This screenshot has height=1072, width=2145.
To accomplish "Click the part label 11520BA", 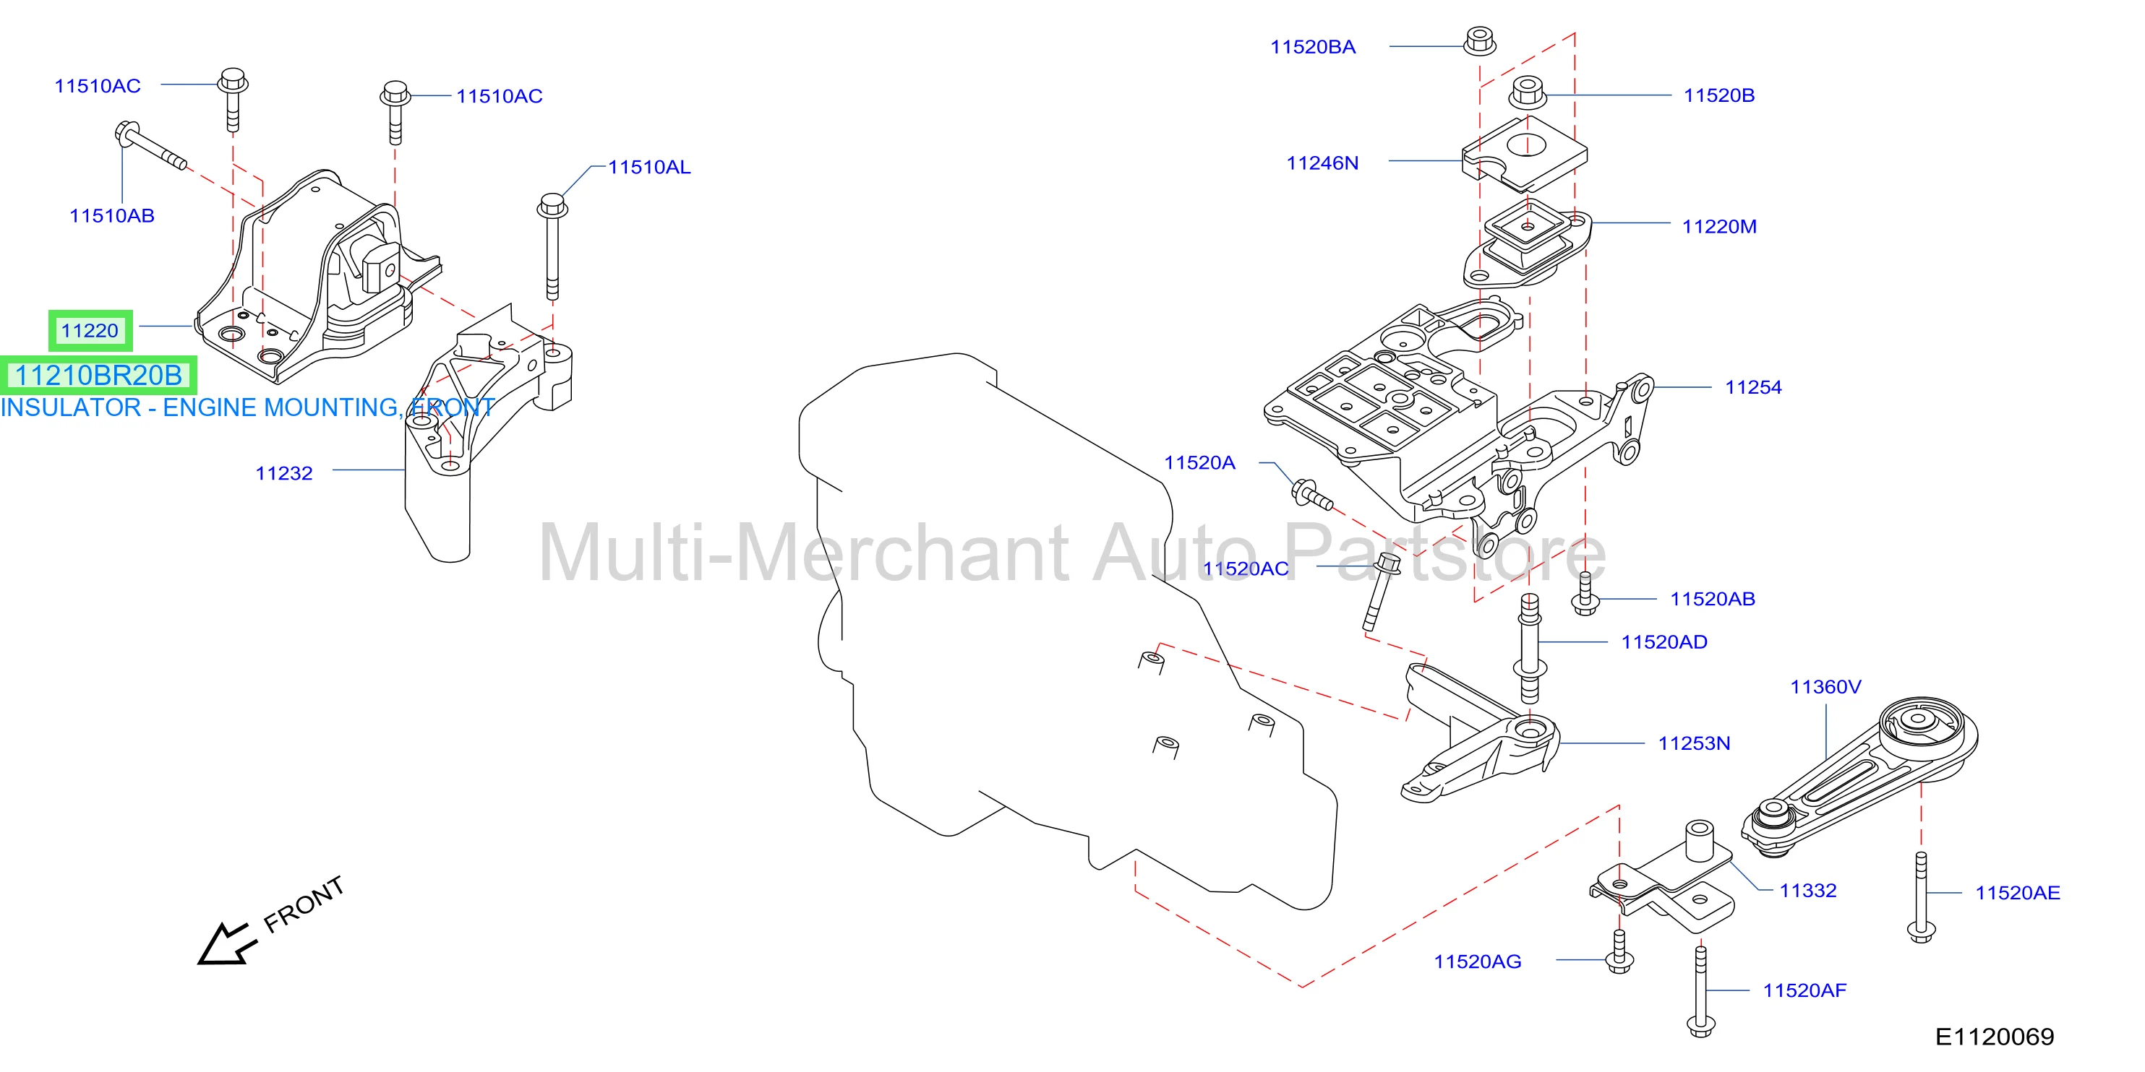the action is [x=1312, y=47].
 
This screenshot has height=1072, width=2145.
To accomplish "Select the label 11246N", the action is [x=1322, y=163].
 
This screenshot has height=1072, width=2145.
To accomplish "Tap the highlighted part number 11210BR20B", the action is [x=99, y=376].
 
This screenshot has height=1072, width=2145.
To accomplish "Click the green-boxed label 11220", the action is [x=90, y=330].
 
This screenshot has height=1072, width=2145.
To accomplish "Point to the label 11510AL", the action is [x=649, y=168].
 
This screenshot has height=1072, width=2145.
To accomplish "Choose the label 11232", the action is [x=284, y=474].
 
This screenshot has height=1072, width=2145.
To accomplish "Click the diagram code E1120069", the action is [x=1995, y=1037].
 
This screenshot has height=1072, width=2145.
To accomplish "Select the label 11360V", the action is [x=1826, y=688].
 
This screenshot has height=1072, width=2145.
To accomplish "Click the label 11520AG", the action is [x=1477, y=962].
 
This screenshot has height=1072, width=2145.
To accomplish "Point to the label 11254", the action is [x=1754, y=387].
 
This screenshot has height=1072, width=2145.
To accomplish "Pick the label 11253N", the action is [x=1695, y=743].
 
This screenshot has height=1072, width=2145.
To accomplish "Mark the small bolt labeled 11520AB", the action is [x=1585, y=594].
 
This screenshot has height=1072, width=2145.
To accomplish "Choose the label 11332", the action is [x=1808, y=891].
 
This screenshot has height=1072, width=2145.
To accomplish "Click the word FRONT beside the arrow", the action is [x=304, y=904].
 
